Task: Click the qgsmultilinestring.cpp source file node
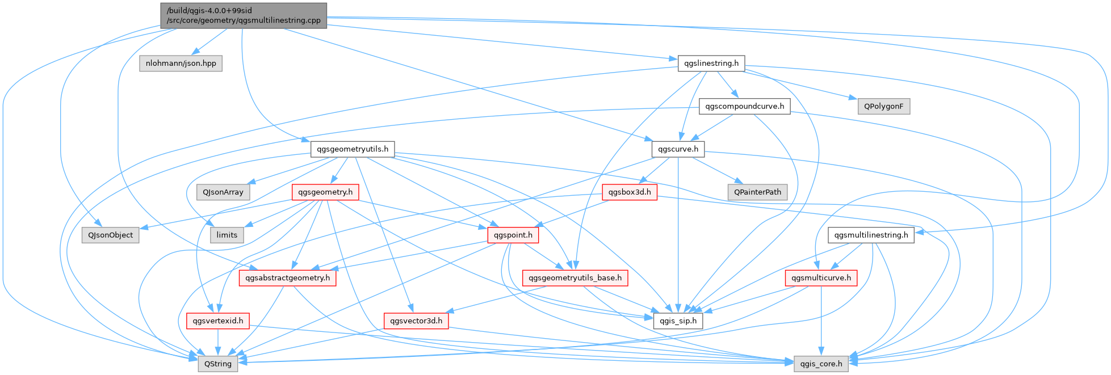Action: point(244,15)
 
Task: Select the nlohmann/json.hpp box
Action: point(181,63)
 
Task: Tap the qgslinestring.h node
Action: point(711,63)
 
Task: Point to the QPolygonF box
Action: point(884,106)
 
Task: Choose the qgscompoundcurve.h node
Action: point(744,106)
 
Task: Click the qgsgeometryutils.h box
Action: point(353,149)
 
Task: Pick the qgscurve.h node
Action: point(678,149)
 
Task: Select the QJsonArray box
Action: point(223,192)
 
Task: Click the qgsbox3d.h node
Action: point(630,192)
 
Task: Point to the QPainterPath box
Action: point(757,192)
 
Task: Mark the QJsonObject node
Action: point(110,235)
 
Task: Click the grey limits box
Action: point(227,235)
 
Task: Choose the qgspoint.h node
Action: point(513,235)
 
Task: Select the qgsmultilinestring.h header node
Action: point(871,235)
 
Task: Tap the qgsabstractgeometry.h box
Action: point(288,278)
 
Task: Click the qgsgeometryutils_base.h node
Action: point(575,278)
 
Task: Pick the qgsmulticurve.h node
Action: point(821,278)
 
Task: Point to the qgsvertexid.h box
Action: point(218,321)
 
